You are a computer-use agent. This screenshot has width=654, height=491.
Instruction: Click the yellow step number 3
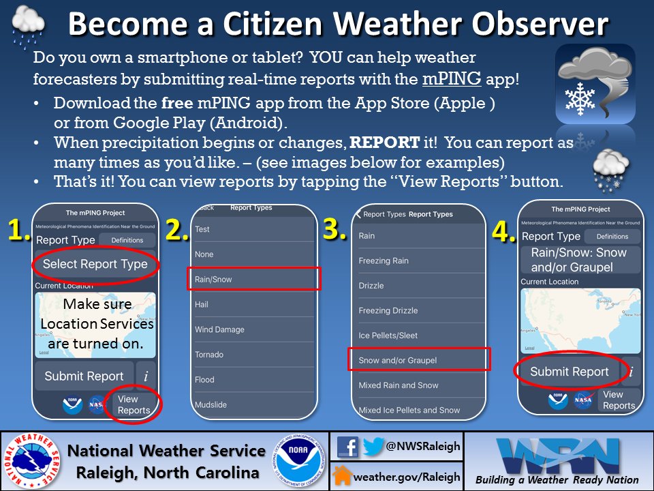[335, 230]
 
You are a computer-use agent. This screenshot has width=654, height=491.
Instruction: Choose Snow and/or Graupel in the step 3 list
[418, 360]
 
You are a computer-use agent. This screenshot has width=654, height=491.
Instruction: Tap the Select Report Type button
[95, 264]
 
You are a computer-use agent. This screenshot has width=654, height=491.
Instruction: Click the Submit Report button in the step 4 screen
[570, 372]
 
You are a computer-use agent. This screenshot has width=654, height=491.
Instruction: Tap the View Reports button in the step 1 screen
[134, 404]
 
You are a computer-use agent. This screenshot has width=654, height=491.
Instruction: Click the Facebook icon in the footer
[347, 447]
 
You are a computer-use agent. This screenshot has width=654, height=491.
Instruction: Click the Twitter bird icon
[373, 447]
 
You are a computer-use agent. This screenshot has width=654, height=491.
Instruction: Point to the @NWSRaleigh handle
[423, 447]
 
